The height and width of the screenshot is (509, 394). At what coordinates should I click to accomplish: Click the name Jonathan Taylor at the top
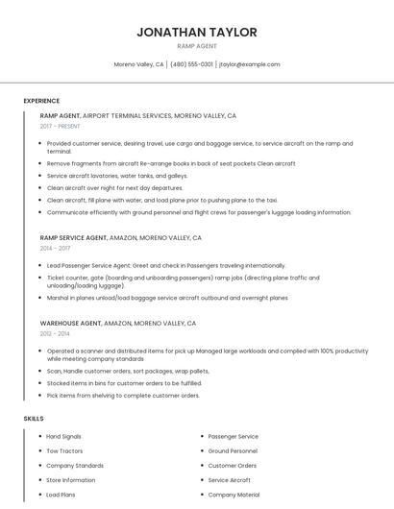(x=197, y=32)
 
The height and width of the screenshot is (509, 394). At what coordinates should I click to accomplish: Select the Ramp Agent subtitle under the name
(x=197, y=46)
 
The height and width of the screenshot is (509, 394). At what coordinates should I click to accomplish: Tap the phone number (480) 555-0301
(x=191, y=64)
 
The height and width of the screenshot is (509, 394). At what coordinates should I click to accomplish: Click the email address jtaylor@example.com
(x=249, y=64)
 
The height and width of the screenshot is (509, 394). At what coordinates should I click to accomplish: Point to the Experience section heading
(x=41, y=101)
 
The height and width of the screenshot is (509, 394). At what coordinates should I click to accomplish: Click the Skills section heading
(x=34, y=419)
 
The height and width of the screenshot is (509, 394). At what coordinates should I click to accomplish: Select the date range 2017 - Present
(x=61, y=126)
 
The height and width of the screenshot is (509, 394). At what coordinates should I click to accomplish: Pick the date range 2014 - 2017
(x=55, y=248)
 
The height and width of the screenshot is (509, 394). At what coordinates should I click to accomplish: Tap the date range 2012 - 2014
(x=55, y=334)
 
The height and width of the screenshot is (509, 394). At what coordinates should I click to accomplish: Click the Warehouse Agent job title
(x=70, y=324)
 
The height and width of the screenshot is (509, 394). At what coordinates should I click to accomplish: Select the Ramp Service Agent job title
(x=74, y=237)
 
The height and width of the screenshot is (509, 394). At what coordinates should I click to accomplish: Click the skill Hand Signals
(x=64, y=436)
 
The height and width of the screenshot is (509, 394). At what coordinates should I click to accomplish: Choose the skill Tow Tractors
(x=64, y=450)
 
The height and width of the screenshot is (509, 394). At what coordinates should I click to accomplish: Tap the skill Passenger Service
(x=233, y=436)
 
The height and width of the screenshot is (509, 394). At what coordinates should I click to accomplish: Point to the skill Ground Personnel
(x=233, y=450)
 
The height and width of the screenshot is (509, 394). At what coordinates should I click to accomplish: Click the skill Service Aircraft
(x=229, y=480)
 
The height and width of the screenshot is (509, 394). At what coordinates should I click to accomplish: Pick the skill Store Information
(x=71, y=480)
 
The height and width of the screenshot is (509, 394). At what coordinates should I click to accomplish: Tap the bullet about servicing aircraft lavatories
(x=117, y=176)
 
